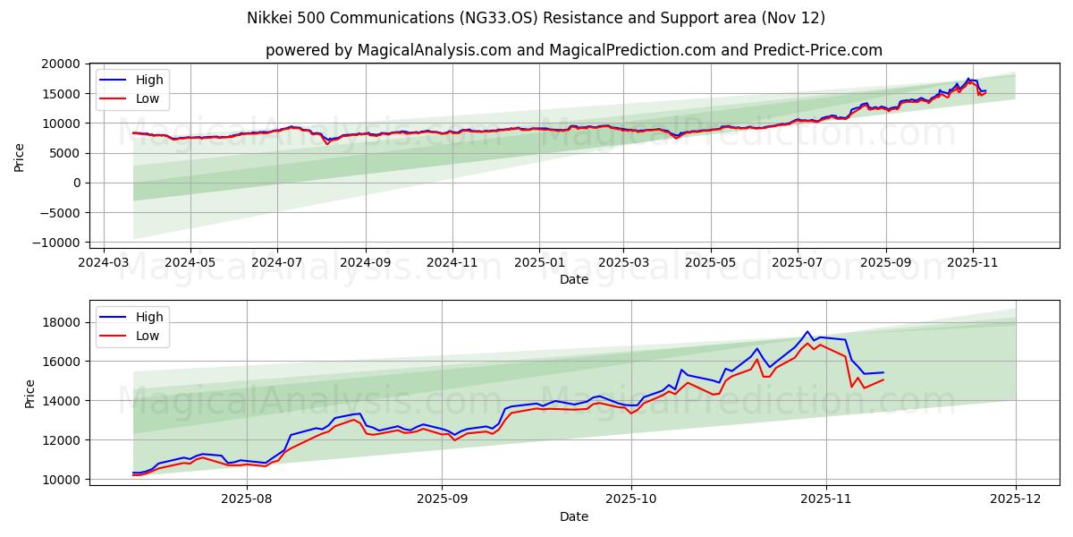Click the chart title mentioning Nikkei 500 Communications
536,18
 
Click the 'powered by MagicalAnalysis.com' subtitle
573,50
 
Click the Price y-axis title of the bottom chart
30,393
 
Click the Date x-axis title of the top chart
573,279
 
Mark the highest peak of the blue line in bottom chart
807,331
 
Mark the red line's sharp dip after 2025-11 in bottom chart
851,387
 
